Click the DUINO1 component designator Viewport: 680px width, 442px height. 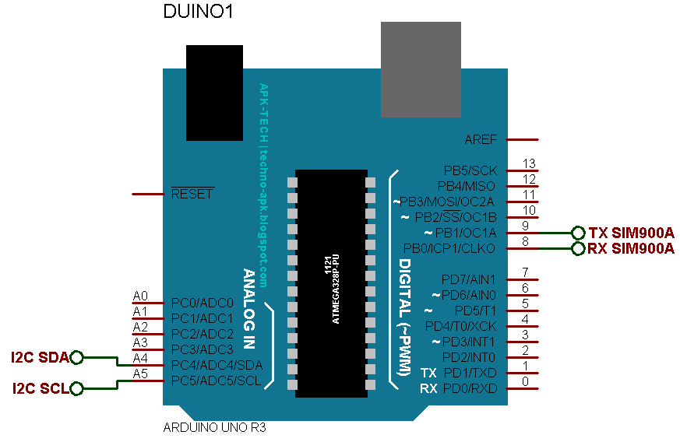pyautogui.click(x=198, y=12)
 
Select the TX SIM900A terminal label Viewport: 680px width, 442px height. pyautogui.click(x=632, y=233)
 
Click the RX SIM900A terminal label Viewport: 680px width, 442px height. pyautogui.click(x=632, y=249)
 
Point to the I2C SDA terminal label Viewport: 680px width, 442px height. pyautogui.click(x=39, y=357)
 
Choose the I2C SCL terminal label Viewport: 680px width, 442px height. pyautogui.click(x=39, y=388)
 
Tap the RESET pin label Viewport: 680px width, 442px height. pyautogui.click(x=192, y=194)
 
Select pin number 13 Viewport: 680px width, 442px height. pyautogui.click(x=529, y=163)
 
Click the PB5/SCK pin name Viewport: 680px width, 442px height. pyautogui.click(x=470, y=170)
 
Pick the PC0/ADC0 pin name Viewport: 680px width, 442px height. pyautogui.click(x=203, y=303)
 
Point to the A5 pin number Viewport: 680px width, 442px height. pyautogui.click(x=140, y=374)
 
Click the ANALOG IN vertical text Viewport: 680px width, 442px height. pyautogui.click(x=249, y=311)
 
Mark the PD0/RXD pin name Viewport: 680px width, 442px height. pyautogui.click(x=469, y=388)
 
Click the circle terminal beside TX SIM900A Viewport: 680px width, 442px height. pyautogui.click(x=578, y=233)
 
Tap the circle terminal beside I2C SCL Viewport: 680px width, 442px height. pyautogui.click(x=76, y=388)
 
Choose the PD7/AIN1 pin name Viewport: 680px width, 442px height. pyautogui.click(x=469, y=279)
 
